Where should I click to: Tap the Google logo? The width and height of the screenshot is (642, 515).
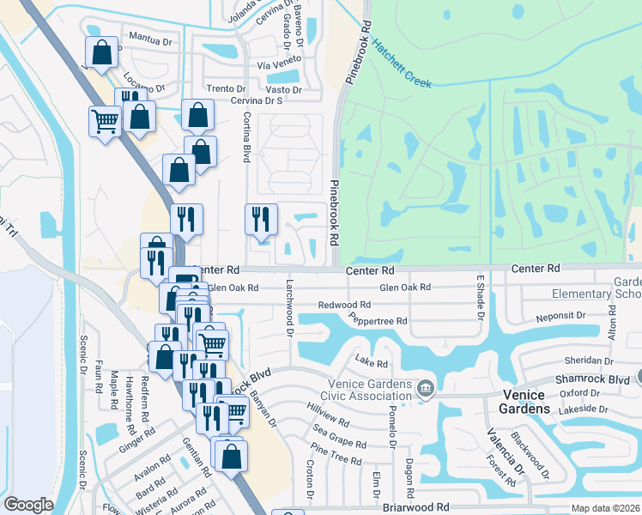(28, 505)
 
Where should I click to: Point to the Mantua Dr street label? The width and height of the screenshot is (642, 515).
(150, 37)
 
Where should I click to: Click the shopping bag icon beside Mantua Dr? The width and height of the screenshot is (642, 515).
(101, 52)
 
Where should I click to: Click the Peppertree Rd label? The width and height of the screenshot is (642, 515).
(378, 320)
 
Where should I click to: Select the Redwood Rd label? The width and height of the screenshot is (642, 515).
(344, 305)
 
